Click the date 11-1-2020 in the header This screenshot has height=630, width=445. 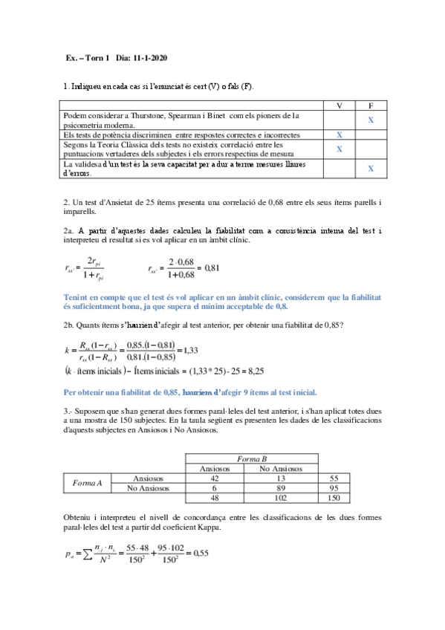[153, 58]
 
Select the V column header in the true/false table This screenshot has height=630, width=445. [339, 106]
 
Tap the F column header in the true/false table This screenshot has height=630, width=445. [371, 106]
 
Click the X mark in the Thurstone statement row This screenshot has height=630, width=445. [371, 120]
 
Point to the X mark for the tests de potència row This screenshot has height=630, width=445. [339, 135]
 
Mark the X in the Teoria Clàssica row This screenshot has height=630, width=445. [339, 149]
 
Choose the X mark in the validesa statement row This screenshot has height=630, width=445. [371, 169]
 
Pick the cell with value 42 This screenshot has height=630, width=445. [215, 478]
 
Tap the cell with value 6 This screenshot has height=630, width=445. [215, 488]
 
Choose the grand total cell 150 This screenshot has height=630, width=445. [334, 499]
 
